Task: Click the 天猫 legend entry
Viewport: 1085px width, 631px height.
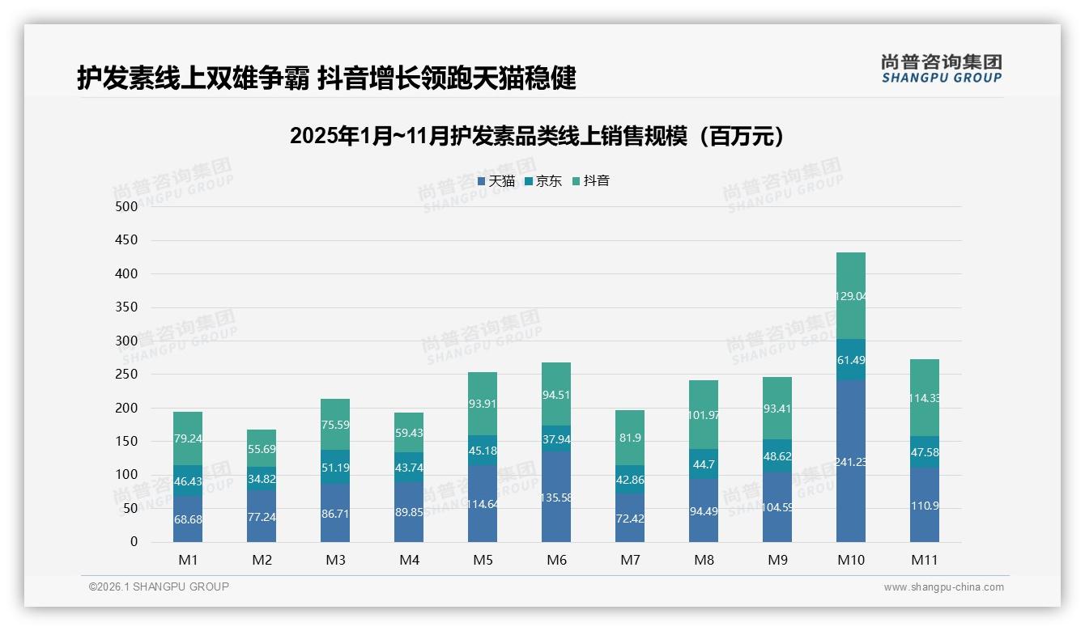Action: click(x=496, y=181)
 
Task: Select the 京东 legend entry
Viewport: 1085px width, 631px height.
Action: click(x=543, y=181)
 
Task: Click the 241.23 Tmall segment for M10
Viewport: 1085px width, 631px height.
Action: click(x=851, y=461)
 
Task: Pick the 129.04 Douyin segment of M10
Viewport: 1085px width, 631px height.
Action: click(x=851, y=296)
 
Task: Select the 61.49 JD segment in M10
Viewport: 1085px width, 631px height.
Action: click(x=851, y=360)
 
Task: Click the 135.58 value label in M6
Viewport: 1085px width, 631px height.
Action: click(x=556, y=498)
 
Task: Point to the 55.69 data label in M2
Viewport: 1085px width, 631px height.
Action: click(x=262, y=447)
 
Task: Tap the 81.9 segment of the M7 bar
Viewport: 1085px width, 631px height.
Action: click(x=630, y=438)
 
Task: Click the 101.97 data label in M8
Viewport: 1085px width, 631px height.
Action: click(x=704, y=415)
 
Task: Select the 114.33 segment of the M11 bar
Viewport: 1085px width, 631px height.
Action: click(x=925, y=398)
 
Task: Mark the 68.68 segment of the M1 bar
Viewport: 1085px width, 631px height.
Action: click(x=188, y=519)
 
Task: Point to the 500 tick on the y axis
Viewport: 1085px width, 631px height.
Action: click(x=127, y=207)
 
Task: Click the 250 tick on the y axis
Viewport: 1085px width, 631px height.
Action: click(x=127, y=375)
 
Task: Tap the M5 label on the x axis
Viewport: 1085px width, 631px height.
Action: click(x=483, y=560)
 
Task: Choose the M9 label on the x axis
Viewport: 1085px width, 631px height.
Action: click(x=777, y=560)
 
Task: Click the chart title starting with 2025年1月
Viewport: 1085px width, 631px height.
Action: click(x=538, y=136)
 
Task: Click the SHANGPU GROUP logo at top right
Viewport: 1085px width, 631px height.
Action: click(x=941, y=69)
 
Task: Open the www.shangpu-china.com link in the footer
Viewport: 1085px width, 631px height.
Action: click(x=943, y=587)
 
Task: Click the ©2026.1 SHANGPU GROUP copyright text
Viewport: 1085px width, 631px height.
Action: click(x=159, y=587)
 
